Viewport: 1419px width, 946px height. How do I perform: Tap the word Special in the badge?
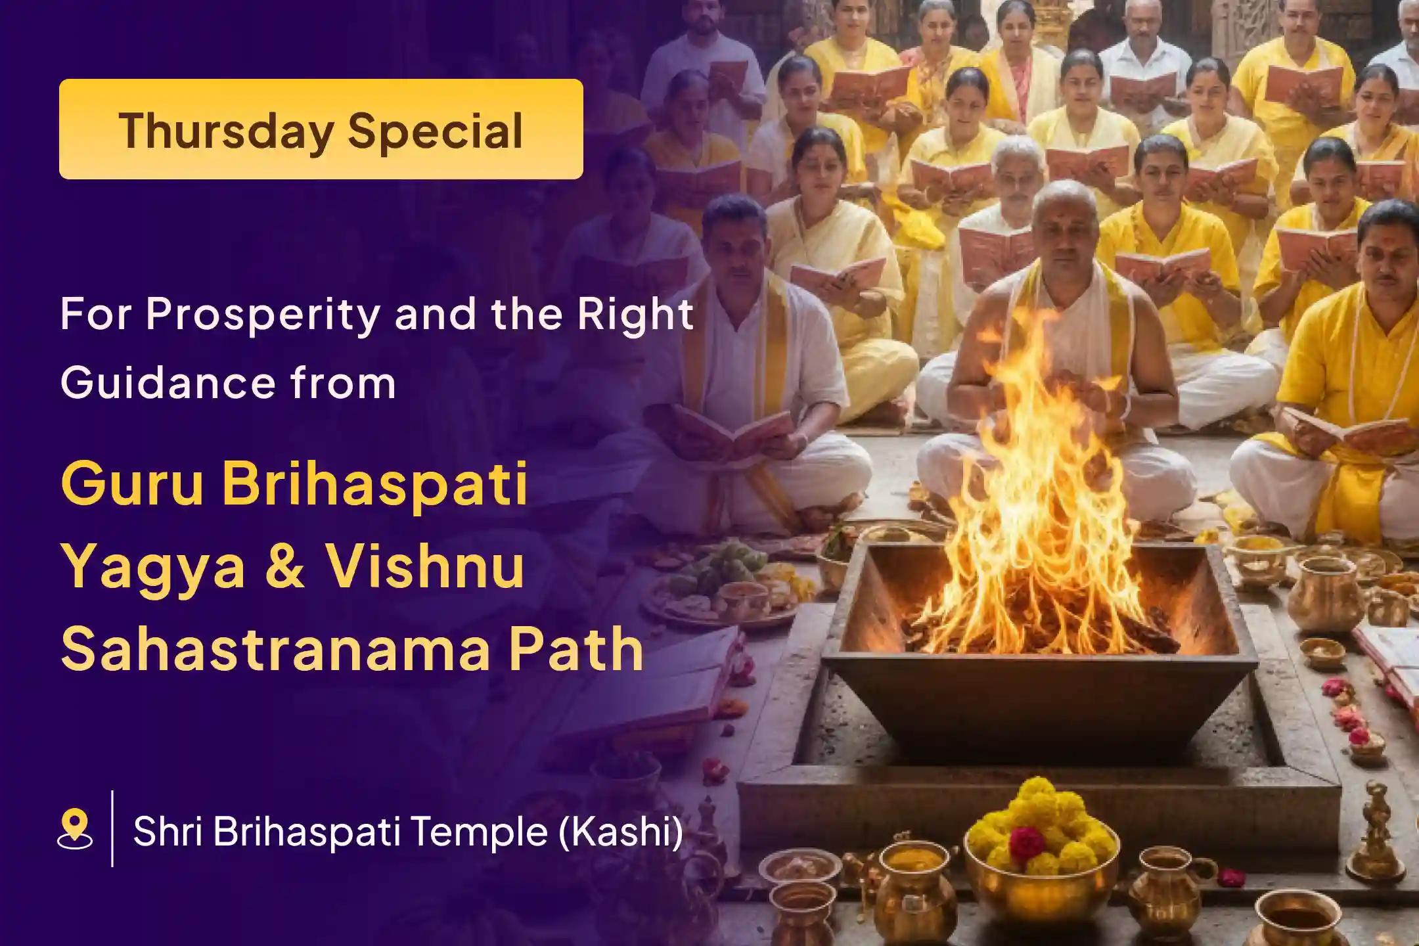pos(436,131)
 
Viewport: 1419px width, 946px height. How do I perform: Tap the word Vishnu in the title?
pos(426,566)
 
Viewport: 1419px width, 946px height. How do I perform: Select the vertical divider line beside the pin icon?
pos(113,828)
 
